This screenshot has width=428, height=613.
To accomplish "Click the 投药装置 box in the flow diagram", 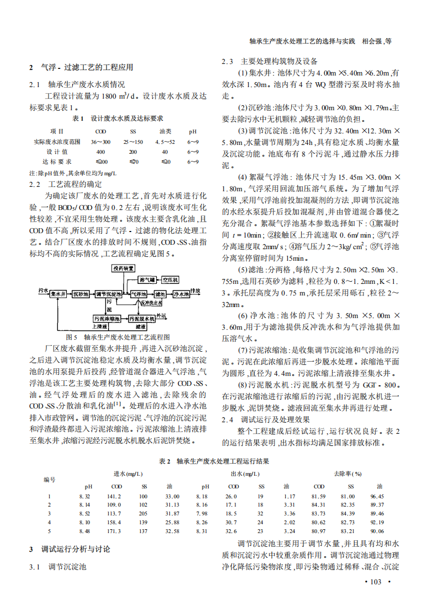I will [123, 268].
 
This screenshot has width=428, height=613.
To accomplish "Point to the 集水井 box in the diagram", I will [58, 294].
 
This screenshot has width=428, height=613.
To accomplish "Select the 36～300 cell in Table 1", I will [100, 142].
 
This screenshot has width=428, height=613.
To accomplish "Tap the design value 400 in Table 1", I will [100, 152].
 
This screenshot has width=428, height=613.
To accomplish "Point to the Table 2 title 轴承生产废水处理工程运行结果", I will [214, 461].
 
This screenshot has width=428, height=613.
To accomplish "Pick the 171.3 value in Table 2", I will [114, 531].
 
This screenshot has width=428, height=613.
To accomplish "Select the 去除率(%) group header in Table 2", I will [347, 474].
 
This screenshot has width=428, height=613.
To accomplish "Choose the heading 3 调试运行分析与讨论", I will [69, 550].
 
